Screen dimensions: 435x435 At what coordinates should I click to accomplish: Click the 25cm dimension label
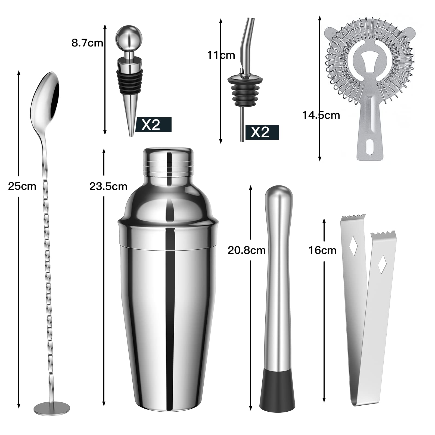pos(22,186)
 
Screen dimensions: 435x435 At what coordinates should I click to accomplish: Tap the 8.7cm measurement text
pos(87,43)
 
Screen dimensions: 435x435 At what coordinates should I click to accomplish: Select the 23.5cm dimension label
pos(108,186)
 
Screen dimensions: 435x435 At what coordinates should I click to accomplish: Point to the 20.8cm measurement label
pos(247,250)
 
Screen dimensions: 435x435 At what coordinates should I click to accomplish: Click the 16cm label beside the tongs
pos(322,250)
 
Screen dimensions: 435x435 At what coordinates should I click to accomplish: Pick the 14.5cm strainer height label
pos(321,115)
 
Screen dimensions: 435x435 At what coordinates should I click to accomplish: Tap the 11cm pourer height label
pos(221,55)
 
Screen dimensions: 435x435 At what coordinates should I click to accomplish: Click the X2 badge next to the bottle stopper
pos(153,125)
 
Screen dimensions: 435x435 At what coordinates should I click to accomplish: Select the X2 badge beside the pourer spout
pos(262,132)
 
